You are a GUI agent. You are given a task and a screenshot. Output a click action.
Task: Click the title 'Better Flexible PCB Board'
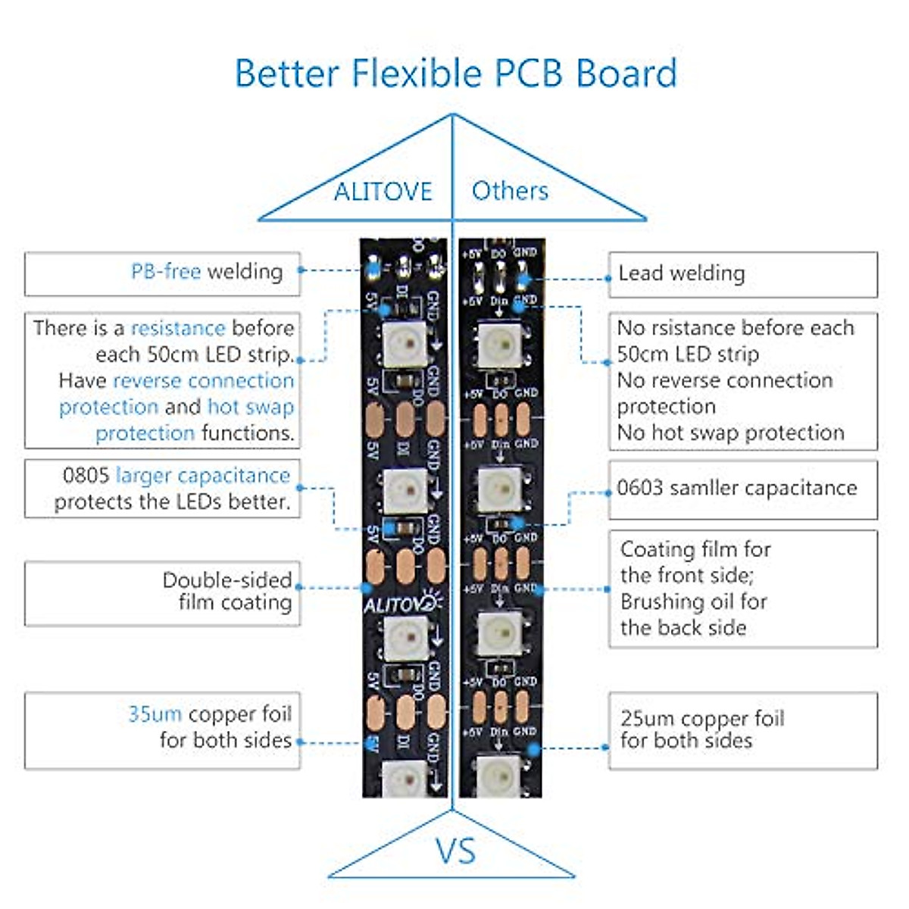pos(455,73)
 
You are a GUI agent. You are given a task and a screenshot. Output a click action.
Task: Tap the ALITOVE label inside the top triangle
pos(383,192)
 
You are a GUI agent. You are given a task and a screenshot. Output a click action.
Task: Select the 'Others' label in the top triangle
pos(510,191)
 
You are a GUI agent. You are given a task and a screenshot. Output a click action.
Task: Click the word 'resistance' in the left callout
pos(178,328)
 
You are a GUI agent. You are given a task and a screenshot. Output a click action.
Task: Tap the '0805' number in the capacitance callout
pos(86,476)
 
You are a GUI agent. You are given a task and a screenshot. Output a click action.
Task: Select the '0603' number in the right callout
pos(639,488)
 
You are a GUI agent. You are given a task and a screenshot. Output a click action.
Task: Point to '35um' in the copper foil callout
pos(155,714)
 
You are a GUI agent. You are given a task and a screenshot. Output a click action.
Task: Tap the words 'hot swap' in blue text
pos(251,407)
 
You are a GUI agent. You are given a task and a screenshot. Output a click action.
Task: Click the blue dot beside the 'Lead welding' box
pos(608,279)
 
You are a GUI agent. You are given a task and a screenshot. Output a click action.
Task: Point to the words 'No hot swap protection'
pos(730,433)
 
